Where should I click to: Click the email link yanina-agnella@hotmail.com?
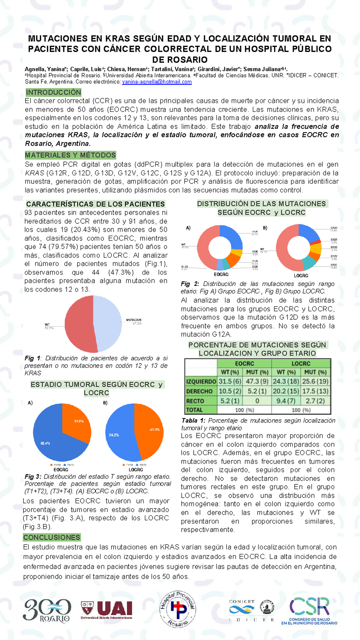tap(157, 82)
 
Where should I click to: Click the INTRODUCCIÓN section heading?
tap(53, 92)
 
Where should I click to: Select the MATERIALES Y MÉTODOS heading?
tap(70, 155)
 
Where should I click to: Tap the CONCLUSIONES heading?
tap(52, 537)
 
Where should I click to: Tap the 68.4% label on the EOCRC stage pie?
tap(45, 443)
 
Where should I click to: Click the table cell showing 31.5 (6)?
tap(230, 381)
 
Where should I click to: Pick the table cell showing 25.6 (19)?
tap(315, 381)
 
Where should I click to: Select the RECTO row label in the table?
tap(195, 401)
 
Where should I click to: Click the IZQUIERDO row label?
tap(201, 381)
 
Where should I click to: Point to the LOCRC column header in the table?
tap(301, 363)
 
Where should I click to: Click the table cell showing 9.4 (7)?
tap(286, 401)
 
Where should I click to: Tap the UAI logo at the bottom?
tap(107, 610)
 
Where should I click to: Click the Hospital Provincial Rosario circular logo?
tap(178, 609)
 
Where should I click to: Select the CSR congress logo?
tap(309, 610)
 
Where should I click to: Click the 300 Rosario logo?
tap(47, 610)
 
